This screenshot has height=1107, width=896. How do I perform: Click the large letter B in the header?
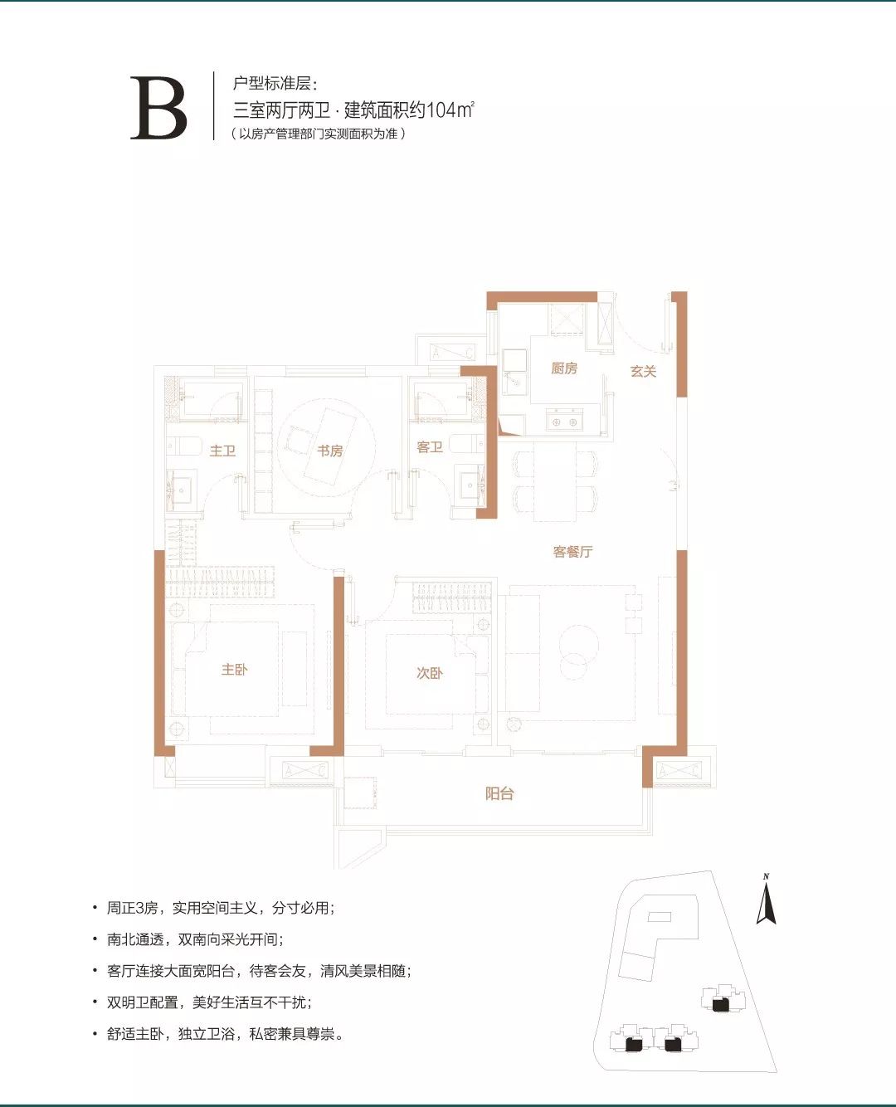click(158, 109)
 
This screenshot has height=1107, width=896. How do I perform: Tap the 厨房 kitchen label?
click(564, 368)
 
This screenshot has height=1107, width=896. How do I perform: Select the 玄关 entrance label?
click(643, 371)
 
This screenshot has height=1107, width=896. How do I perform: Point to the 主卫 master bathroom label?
click(222, 451)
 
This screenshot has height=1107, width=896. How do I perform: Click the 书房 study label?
click(329, 451)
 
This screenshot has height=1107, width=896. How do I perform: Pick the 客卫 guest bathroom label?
click(429, 447)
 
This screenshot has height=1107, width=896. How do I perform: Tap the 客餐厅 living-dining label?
click(572, 552)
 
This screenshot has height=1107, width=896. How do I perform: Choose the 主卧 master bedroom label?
click(234, 670)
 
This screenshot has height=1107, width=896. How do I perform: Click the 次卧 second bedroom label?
click(429, 673)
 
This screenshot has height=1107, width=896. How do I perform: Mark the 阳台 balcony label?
click(499, 793)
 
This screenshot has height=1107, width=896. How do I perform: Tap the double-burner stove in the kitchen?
click(565, 422)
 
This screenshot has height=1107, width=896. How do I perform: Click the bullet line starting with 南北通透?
click(195, 939)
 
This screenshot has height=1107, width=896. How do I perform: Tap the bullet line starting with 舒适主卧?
click(224, 1034)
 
